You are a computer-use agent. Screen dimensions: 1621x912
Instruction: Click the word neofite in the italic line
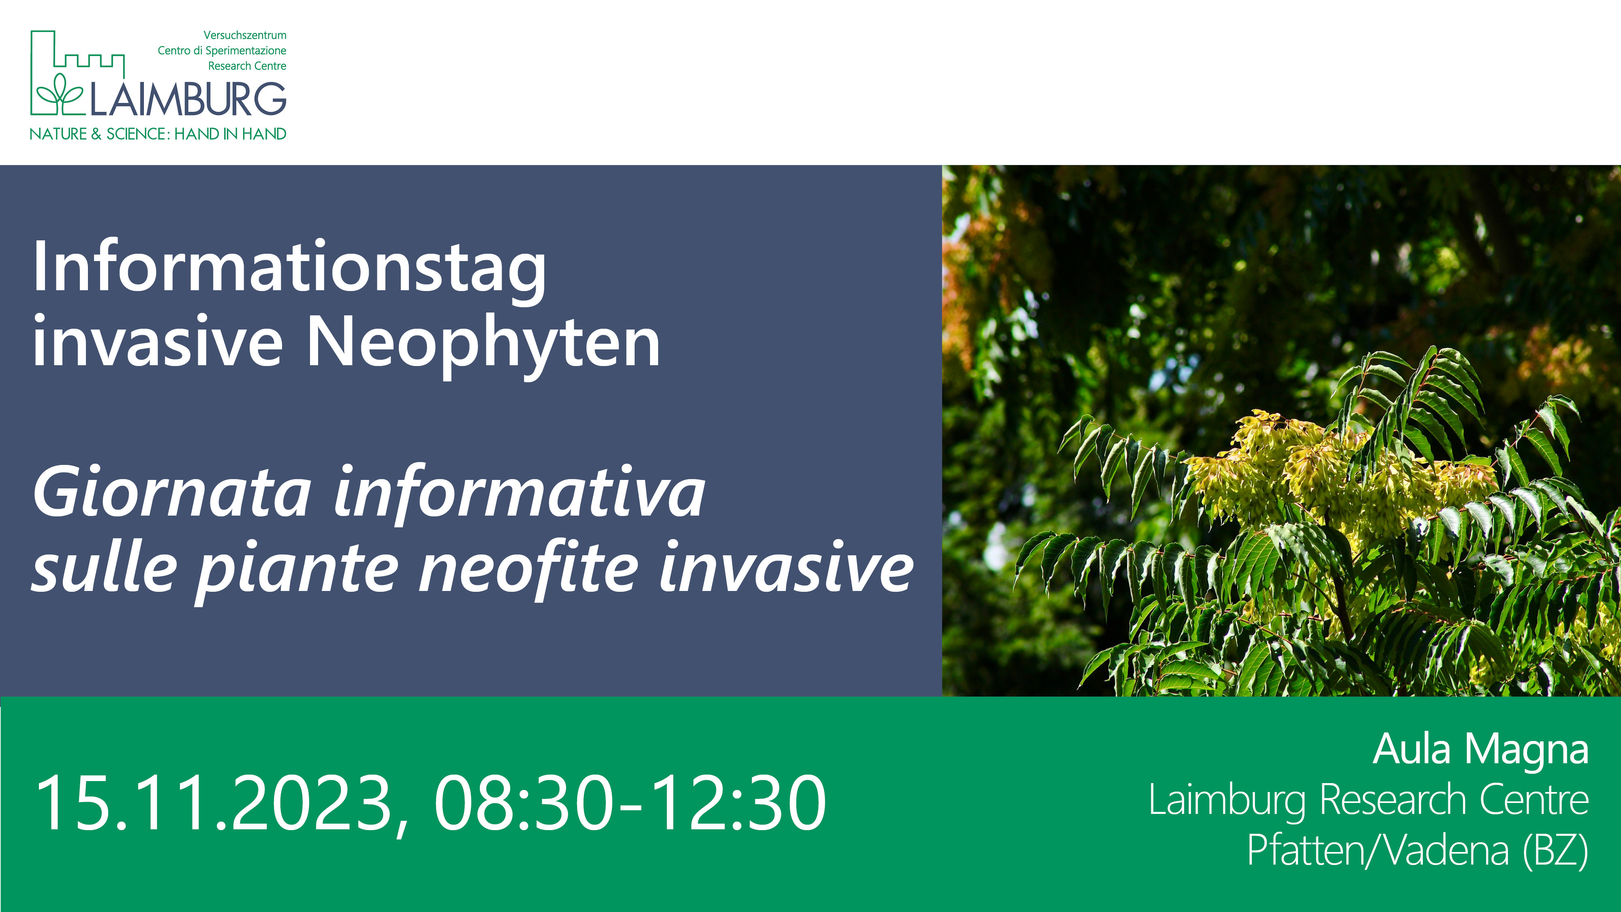[x=527, y=568]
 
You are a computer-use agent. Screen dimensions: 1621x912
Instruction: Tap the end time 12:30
[x=737, y=803]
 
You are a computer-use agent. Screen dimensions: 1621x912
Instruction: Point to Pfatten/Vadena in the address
[x=1378, y=850]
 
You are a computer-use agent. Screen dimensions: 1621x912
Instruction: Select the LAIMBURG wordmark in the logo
[x=188, y=99]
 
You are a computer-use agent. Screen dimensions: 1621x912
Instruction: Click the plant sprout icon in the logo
[x=60, y=94]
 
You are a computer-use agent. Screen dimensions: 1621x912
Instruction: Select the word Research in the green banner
[x=1394, y=800]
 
